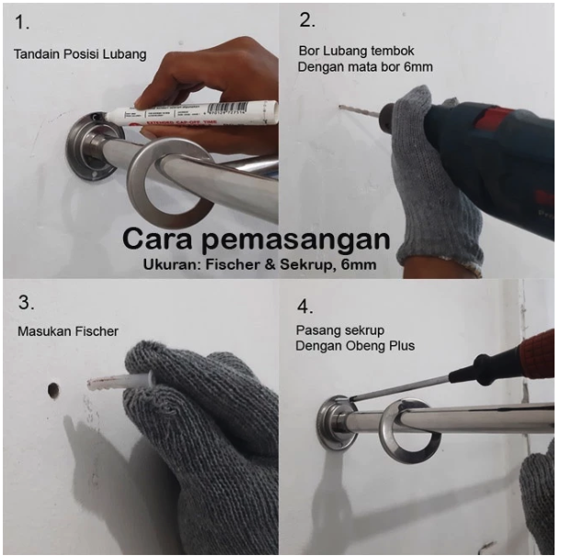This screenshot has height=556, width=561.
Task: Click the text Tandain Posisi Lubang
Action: click(80, 54)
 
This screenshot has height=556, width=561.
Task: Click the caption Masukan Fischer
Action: click(66, 330)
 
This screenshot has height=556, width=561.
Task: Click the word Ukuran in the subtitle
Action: click(176, 265)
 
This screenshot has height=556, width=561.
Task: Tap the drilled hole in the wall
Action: click(53, 390)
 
